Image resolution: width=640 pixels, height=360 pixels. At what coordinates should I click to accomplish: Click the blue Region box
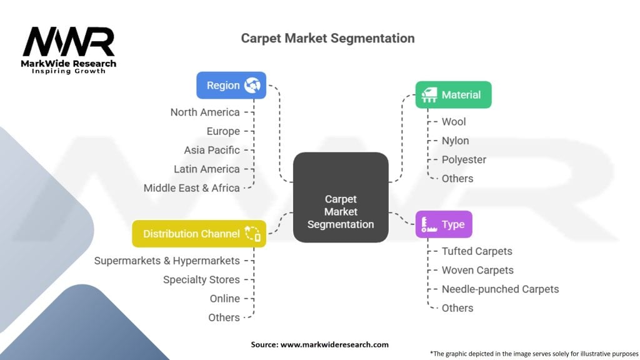coord(231,85)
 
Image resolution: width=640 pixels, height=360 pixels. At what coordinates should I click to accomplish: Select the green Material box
coord(454,95)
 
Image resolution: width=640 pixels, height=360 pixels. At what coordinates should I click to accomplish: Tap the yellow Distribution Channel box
coord(199,234)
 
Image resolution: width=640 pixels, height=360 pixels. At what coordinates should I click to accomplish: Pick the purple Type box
coord(444,224)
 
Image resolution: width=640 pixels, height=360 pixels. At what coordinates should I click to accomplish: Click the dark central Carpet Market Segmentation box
coord(341,197)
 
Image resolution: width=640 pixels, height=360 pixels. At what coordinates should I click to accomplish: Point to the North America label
coord(205,112)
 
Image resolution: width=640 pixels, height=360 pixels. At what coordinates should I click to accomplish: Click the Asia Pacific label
coord(211,150)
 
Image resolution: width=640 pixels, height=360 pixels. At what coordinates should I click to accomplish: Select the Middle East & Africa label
coord(191,188)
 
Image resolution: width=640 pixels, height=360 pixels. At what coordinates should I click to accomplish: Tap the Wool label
coord(454,122)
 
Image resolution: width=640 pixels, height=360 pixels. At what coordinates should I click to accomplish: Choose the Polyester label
coord(464,159)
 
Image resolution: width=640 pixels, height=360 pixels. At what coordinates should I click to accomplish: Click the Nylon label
coord(455,141)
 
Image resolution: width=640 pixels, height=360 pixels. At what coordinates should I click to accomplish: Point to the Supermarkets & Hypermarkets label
coord(167,261)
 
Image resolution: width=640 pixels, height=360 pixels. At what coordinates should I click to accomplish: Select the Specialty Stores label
coord(201,279)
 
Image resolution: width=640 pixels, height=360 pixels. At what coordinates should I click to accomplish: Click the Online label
coord(224,299)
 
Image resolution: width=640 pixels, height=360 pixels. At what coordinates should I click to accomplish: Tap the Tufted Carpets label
coord(477,251)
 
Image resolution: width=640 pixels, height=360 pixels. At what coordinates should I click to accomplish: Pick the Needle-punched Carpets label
coord(500,289)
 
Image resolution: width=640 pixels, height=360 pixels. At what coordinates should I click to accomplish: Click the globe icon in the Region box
coord(252,85)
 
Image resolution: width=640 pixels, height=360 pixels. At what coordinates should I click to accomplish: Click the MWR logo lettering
coord(69,42)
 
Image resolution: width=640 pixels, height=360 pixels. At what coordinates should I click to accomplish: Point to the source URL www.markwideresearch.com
coord(334,344)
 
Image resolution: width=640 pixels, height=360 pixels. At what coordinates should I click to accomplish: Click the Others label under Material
coord(457,179)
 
